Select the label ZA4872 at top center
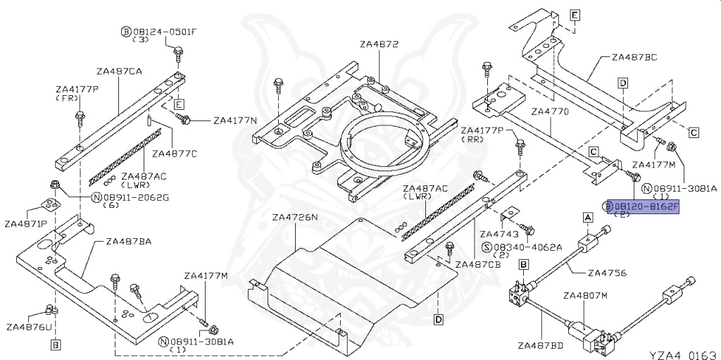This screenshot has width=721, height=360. click(379, 44)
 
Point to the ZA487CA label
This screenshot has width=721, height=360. click(120, 71)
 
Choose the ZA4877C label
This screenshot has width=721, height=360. click(175, 153)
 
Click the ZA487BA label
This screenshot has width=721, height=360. click(129, 241)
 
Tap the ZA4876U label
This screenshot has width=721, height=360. click(29, 327)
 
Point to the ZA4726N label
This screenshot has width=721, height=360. click(295, 217)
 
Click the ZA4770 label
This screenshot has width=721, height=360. click(549, 111)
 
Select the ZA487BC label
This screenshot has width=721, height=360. click(634, 57)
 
